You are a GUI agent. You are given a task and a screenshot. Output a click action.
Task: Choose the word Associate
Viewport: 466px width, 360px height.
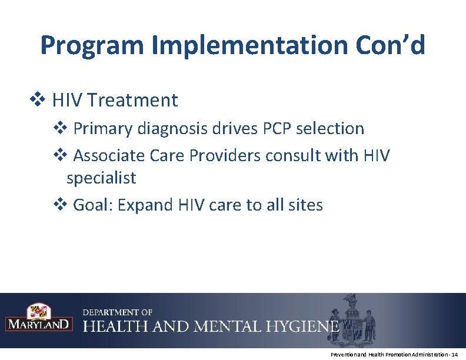click(x=109, y=156)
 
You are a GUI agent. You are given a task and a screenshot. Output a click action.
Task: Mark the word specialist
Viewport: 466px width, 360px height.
click(x=101, y=177)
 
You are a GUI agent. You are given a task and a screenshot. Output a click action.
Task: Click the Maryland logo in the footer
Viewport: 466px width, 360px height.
click(x=39, y=318)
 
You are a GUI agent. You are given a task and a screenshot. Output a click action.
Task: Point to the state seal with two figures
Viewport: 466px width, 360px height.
click(x=353, y=318)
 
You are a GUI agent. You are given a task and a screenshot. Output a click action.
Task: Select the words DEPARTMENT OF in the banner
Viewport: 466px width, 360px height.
click(x=118, y=312)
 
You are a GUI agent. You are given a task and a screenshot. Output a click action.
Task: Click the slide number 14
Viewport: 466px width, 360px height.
click(x=453, y=355)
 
